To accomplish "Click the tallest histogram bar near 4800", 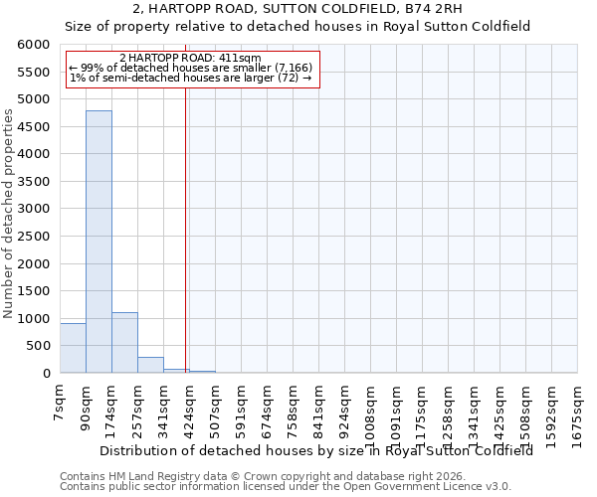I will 99,242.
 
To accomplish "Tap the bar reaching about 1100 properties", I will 124,343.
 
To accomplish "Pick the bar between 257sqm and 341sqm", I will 150,365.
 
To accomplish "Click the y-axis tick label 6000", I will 33,45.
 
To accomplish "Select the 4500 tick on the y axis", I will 33,127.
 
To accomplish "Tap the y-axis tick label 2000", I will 33,264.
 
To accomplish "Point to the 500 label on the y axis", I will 37,347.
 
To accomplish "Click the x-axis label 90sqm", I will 87,407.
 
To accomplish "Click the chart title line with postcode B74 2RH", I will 298,9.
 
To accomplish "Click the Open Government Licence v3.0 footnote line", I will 286,487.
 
